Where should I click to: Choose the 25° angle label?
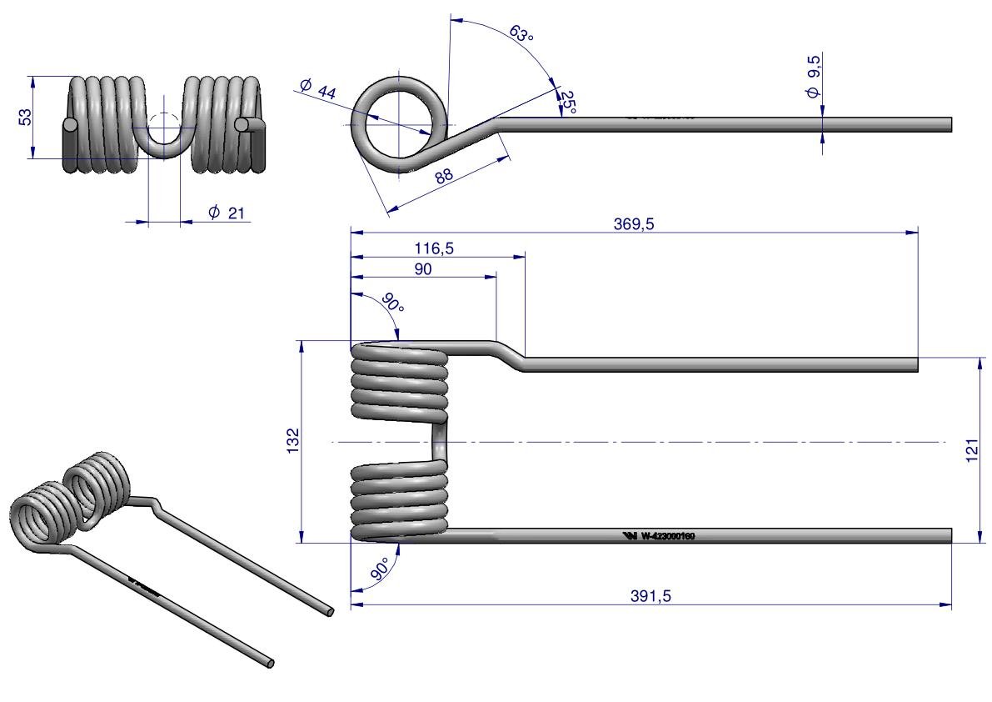567,101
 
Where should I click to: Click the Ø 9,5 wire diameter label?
814,77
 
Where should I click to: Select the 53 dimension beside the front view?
26,117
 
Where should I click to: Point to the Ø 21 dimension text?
227,213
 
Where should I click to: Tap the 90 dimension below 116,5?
423,270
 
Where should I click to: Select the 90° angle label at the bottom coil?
380,571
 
